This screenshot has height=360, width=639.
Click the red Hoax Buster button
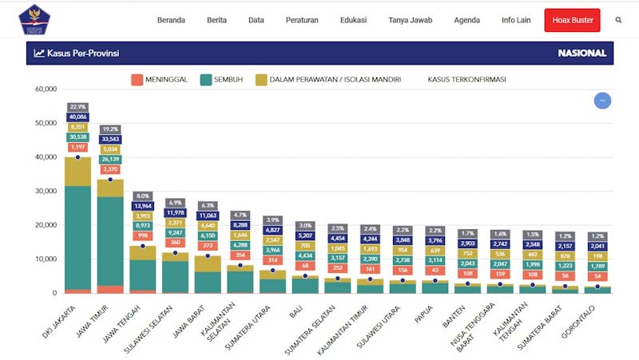click(x=572, y=20)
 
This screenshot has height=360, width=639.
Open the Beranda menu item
click(x=171, y=20)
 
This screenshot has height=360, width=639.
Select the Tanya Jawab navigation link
click(x=409, y=20)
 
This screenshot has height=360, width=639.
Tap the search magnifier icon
click(x=618, y=20)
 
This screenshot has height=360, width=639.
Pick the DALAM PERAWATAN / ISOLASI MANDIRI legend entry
click(x=327, y=80)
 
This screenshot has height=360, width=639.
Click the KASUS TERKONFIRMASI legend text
click(x=466, y=80)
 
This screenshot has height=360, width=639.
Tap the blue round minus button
click(x=602, y=101)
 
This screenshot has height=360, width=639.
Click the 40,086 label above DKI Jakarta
click(x=77, y=117)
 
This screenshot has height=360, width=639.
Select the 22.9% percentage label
click(x=77, y=107)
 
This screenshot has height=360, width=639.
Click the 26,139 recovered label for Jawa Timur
click(x=110, y=159)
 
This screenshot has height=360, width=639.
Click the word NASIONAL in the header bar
click(x=581, y=53)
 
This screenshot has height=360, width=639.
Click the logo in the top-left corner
click(x=34, y=20)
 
